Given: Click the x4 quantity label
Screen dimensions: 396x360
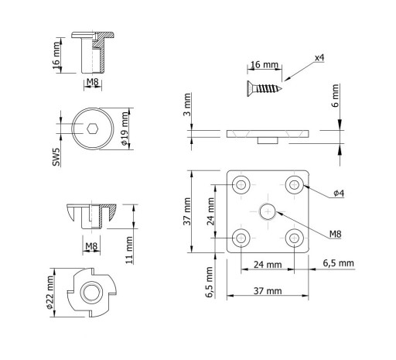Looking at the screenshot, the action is pyautogui.click(x=319, y=58).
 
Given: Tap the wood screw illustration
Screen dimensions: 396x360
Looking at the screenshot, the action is pyautogui.click(x=265, y=89).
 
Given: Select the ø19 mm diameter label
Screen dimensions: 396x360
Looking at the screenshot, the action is pyautogui.click(x=125, y=129).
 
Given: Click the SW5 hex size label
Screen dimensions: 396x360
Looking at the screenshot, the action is pyautogui.click(x=56, y=157).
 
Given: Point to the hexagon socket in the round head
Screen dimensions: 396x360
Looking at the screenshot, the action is pyautogui.click(x=92, y=129).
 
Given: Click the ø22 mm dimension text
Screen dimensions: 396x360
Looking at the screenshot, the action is pyautogui.click(x=49, y=293).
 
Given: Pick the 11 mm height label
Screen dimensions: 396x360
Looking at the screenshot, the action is pyautogui.click(x=129, y=250).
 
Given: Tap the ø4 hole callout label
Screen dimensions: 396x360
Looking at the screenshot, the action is pyautogui.click(x=339, y=193).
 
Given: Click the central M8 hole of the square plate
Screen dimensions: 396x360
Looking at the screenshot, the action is pyautogui.click(x=268, y=211).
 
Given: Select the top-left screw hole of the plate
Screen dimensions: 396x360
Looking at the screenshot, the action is pyautogui.click(x=241, y=185).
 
